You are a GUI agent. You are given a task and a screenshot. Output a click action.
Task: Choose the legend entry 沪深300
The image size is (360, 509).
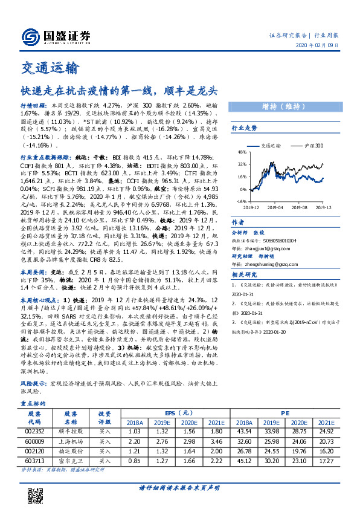[312, 146]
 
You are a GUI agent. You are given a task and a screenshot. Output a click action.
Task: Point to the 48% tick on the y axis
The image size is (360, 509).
[242, 152]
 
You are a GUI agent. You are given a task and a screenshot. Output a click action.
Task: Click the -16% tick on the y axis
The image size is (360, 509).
[240, 201]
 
